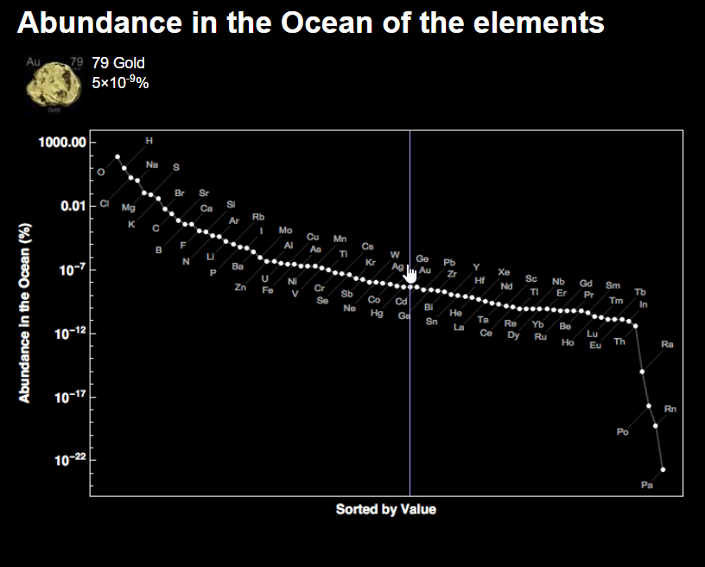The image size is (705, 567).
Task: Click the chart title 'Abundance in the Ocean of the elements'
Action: pos(310,23)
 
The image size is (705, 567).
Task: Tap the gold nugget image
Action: pos(51,84)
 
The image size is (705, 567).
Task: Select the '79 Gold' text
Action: pos(118,63)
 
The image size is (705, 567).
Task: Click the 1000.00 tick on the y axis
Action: pos(62,142)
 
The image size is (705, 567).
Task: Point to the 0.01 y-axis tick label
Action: pos(73,206)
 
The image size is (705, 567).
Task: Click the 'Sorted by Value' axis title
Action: pos(385,509)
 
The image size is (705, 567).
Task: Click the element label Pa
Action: pos(647,486)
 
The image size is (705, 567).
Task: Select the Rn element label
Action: pos(670,409)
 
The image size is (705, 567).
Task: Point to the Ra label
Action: pos(667,345)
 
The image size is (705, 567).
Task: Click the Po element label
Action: pos(622,432)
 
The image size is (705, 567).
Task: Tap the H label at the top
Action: pos(149,140)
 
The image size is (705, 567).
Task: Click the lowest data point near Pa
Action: pos(663,469)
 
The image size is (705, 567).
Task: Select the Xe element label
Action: pos(504,272)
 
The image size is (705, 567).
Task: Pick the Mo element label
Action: pos(285,231)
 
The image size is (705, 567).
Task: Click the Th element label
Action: pos(619,342)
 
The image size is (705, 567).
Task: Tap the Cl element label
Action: pos(105,204)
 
